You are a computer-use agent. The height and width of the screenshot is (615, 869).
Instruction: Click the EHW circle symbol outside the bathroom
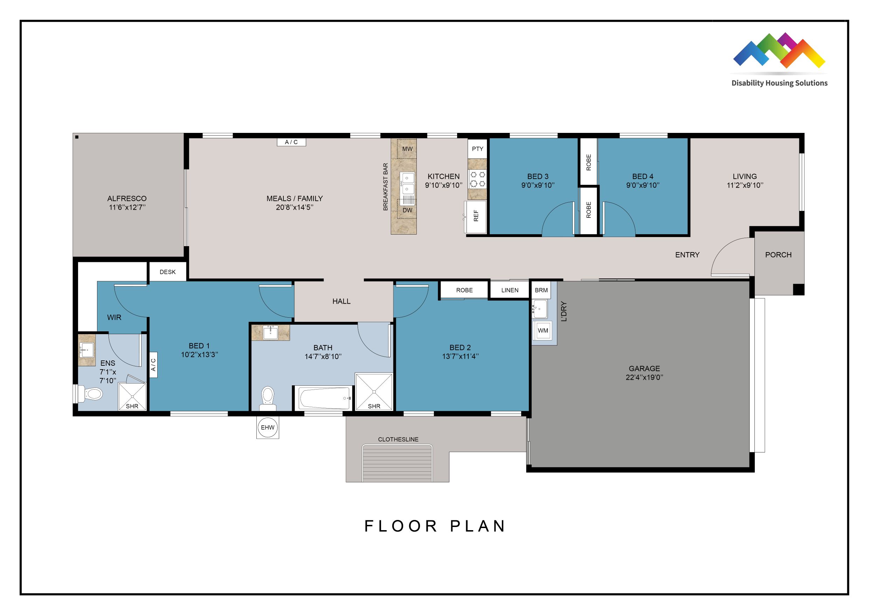[x=268, y=427]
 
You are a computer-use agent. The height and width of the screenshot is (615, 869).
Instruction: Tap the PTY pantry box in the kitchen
[x=477, y=149]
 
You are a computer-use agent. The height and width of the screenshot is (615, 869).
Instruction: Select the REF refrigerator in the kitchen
[x=476, y=216]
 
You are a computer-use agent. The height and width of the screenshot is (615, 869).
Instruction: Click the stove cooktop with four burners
[x=478, y=179]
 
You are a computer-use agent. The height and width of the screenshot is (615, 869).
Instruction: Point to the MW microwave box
[x=407, y=149]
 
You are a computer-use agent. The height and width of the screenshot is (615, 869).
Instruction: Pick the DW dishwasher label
[x=407, y=210]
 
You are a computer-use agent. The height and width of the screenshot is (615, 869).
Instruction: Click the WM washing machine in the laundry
[x=543, y=330]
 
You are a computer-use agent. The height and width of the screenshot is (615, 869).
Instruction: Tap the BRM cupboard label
[x=541, y=290]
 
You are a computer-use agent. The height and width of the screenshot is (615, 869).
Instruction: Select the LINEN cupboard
[x=510, y=290]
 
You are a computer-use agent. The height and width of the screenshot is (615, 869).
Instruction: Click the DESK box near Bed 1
[x=168, y=272]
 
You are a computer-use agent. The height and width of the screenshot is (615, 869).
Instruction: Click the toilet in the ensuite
[x=91, y=394]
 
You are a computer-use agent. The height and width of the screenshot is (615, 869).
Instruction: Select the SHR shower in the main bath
[x=374, y=392]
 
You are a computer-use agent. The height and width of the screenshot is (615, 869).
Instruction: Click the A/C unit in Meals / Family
[x=291, y=142]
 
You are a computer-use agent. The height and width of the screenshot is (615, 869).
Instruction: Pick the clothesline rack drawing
[x=397, y=463]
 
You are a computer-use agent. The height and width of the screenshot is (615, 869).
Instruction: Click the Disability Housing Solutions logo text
[x=779, y=83]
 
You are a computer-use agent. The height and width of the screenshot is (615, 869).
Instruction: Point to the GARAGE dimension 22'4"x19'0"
[x=644, y=377]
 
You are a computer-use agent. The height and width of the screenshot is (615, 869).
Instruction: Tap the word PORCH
[x=778, y=255]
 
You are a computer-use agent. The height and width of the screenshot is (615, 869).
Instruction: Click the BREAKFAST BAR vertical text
[x=386, y=187]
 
